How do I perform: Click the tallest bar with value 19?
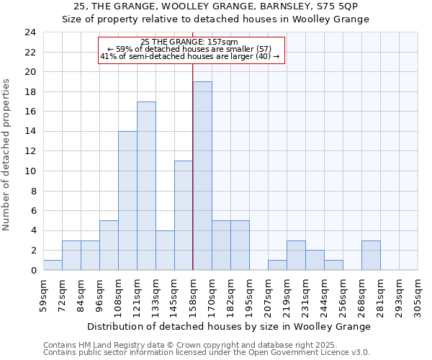click(x=202, y=176)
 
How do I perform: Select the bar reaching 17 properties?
click(x=146, y=186)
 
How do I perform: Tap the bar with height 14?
click(x=127, y=201)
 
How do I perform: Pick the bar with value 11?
click(x=184, y=215)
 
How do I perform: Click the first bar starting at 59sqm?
click(x=53, y=265)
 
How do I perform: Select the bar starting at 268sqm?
click(x=371, y=256)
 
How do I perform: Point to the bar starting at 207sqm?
click(x=277, y=265)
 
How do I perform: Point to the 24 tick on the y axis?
click(x=30, y=32)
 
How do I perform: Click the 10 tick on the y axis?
click(x=30, y=171)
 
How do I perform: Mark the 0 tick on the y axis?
click(x=32, y=271)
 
